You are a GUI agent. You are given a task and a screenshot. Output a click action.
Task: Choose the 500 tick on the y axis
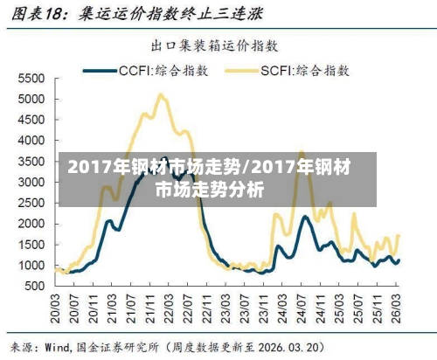click(x=32, y=286)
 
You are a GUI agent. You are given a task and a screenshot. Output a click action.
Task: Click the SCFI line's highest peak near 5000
click(x=160, y=95)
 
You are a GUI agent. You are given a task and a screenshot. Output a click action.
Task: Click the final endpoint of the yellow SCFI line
click(x=399, y=235)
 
